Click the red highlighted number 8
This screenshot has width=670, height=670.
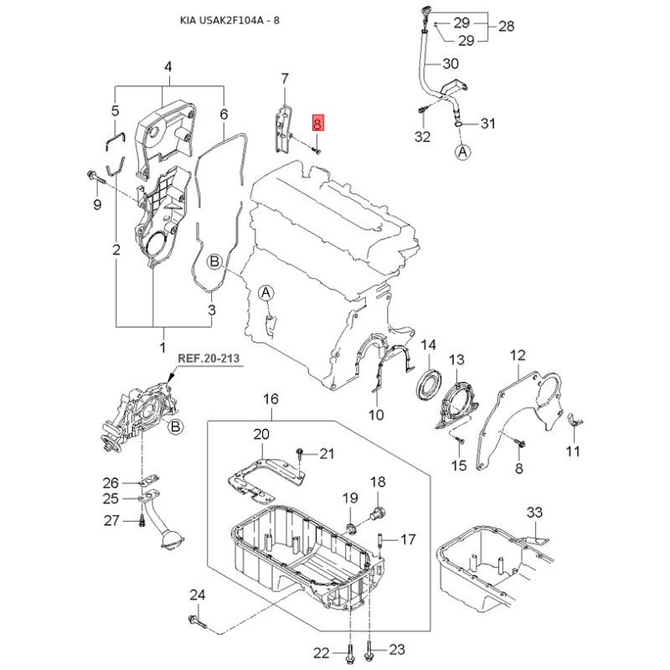click(x=318, y=123)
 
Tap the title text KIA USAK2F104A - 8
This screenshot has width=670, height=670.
click(x=229, y=20)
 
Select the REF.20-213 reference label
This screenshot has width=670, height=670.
click(x=209, y=358)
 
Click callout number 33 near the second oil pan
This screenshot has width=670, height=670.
click(x=534, y=512)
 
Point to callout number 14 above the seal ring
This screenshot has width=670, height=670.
click(x=429, y=344)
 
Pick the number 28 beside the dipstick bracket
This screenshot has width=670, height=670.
click(x=506, y=26)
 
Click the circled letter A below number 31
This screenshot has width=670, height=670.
click(x=463, y=152)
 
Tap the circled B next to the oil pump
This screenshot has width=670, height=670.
click(x=176, y=426)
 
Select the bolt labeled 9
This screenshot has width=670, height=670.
click(x=96, y=178)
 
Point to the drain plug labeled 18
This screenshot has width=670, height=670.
click(x=378, y=513)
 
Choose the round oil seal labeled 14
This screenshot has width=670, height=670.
click(x=430, y=386)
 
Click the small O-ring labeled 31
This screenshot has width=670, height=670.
click(x=458, y=123)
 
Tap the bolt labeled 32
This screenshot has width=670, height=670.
click(x=423, y=110)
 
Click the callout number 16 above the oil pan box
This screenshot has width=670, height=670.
click(x=271, y=399)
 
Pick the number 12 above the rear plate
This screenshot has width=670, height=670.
click(x=518, y=355)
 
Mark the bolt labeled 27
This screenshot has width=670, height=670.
click(x=142, y=521)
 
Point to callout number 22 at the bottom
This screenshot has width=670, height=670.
click(x=322, y=652)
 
